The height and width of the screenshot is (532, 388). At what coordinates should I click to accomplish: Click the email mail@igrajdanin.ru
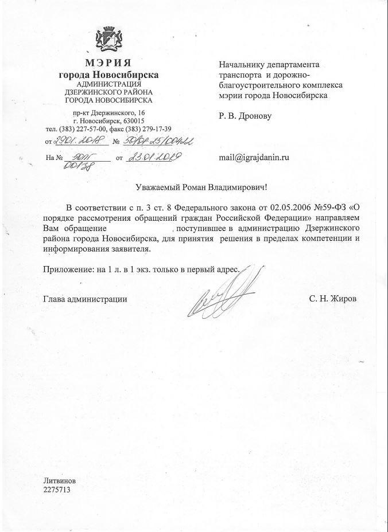point(254,156)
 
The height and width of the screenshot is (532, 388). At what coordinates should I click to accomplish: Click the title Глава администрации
point(86,299)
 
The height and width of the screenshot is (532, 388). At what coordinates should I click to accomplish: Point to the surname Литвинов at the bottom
point(59,480)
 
